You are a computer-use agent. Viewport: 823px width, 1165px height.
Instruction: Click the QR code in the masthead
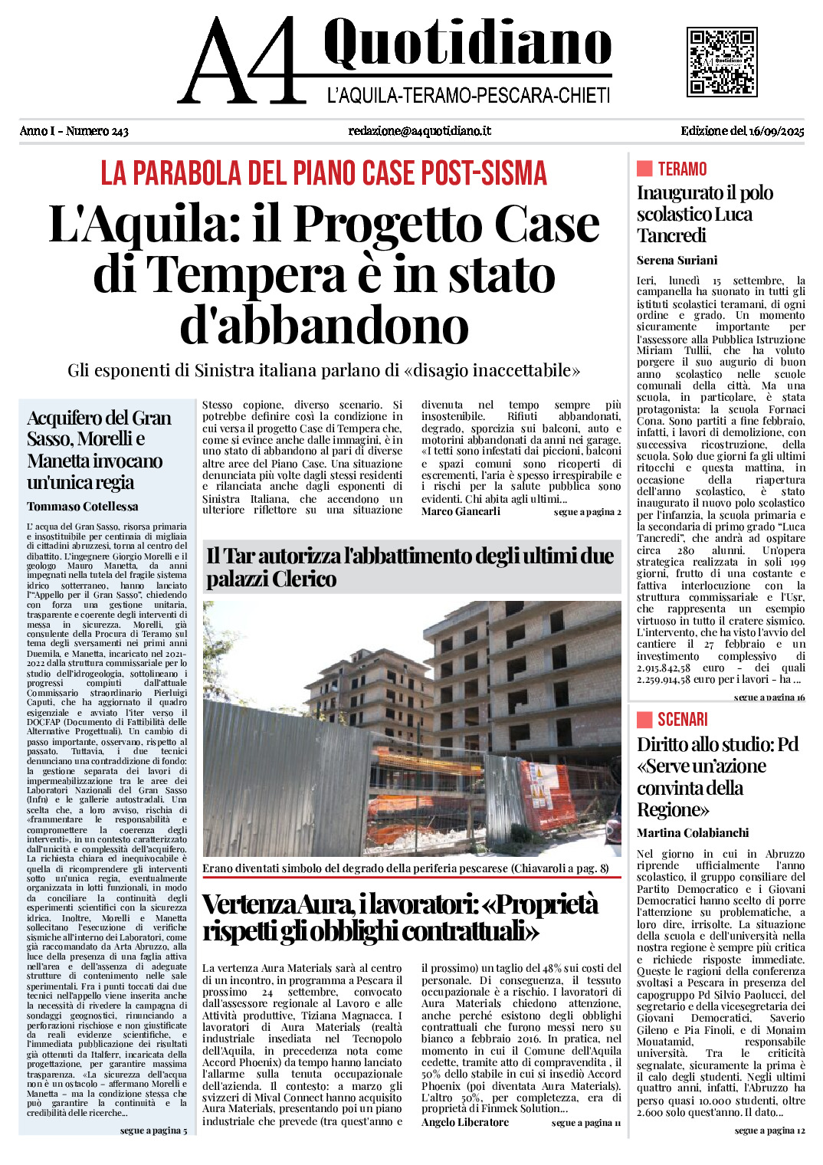click(721, 61)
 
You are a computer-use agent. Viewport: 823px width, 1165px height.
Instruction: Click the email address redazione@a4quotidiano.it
click(419, 131)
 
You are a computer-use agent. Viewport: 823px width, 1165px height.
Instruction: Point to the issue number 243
click(119, 131)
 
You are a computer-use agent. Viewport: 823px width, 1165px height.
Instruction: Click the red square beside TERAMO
click(644, 169)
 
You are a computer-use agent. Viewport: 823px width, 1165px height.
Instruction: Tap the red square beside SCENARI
click(644, 719)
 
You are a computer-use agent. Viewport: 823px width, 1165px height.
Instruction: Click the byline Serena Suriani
click(677, 260)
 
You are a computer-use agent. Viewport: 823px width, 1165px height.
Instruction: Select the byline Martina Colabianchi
click(692, 832)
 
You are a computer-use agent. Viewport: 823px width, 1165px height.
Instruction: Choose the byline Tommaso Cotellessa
click(83, 507)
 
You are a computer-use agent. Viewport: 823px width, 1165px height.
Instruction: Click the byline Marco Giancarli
click(461, 511)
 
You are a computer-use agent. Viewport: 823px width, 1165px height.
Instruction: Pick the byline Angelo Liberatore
click(464, 1122)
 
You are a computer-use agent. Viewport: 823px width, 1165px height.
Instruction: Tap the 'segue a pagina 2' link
click(587, 512)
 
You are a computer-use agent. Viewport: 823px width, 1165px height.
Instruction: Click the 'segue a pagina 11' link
click(585, 1123)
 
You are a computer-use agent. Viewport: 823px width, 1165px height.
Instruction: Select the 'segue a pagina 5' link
click(153, 1131)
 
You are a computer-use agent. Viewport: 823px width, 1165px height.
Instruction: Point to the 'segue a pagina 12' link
click(769, 1131)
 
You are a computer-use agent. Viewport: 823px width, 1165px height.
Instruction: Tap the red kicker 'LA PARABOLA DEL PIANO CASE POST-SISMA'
click(323, 173)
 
